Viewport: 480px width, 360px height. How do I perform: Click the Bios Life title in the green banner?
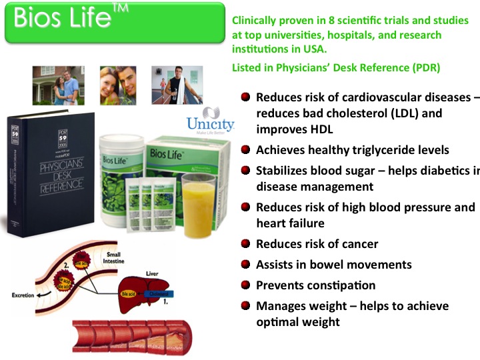point(64,19)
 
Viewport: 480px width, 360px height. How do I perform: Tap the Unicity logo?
point(211,120)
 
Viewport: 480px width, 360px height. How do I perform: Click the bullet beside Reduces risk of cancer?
point(246,244)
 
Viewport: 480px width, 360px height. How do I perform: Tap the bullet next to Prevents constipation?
point(246,285)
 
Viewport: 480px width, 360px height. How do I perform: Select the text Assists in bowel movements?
point(333,265)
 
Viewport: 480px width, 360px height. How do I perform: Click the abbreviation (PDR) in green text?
point(421,68)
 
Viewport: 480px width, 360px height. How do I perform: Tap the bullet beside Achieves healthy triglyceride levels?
point(246,151)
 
